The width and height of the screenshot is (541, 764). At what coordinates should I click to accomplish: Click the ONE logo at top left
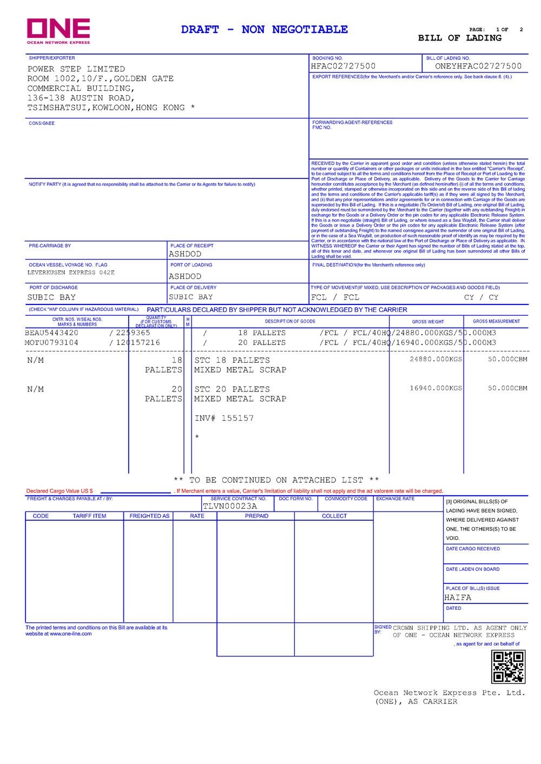pyautogui.click(x=58, y=31)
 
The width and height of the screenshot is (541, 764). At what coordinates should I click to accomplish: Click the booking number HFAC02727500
pyautogui.click(x=343, y=67)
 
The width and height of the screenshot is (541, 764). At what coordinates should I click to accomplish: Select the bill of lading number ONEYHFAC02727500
pyautogui.click(x=478, y=67)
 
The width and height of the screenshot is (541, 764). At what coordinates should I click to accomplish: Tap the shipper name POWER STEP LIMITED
pyautogui.click(x=76, y=69)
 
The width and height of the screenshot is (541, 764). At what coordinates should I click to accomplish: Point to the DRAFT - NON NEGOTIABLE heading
pyautogui.click(x=265, y=30)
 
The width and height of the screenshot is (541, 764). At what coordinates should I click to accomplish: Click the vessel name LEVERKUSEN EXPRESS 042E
pyautogui.click(x=71, y=273)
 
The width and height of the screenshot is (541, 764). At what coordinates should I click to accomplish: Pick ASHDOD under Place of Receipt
pyautogui.click(x=185, y=254)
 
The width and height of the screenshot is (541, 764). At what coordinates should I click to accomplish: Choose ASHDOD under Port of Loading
pyautogui.click(x=185, y=276)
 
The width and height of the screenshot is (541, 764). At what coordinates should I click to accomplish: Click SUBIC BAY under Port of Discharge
pyautogui.click(x=51, y=297)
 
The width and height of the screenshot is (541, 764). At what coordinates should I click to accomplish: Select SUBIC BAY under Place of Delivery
pyautogui.click(x=191, y=297)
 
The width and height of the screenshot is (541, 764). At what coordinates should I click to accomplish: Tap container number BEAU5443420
pyautogui.click(x=51, y=333)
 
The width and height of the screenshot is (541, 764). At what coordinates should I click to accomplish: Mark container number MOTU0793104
pyautogui.click(x=51, y=343)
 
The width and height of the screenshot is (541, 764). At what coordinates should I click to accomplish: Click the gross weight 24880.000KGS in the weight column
pyautogui.click(x=436, y=359)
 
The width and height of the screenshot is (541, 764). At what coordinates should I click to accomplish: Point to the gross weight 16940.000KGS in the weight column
pyautogui.click(x=436, y=388)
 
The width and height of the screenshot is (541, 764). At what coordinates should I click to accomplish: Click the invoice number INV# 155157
pyautogui.click(x=224, y=418)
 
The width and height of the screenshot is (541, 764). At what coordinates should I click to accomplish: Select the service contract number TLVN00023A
pyautogui.click(x=230, y=507)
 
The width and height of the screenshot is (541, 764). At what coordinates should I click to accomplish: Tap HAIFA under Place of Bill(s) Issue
pyautogui.click(x=458, y=598)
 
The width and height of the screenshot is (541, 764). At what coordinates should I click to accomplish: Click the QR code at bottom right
pyautogui.click(x=508, y=667)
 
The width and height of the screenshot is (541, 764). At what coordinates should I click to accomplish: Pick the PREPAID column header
pyautogui.click(x=256, y=516)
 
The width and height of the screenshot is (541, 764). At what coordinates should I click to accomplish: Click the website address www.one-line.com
pyautogui.click(x=70, y=634)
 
